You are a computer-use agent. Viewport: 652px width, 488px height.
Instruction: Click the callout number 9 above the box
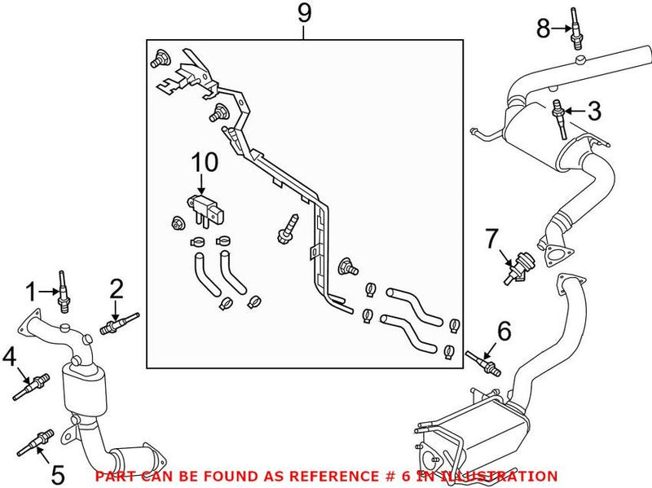(x=303, y=14)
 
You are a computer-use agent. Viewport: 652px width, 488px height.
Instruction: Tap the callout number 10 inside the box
(x=205, y=162)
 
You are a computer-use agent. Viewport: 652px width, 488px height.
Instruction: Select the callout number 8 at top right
(x=544, y=29)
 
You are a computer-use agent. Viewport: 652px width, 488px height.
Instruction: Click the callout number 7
(x=491, y=240)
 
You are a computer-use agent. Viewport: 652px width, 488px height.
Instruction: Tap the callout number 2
(x=117, y=288)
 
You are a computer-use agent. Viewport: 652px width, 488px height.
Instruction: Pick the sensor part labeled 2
(x=118, y=324)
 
